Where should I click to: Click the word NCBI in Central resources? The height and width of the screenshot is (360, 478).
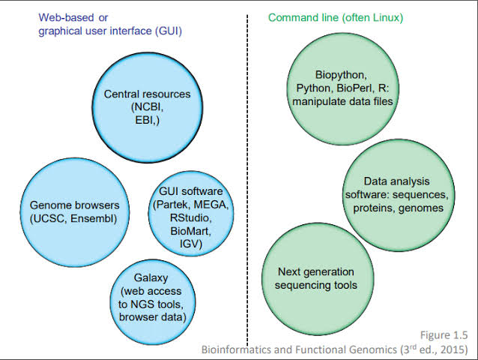(x=148, y=107)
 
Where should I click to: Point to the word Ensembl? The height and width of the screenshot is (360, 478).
(x=93, y=219)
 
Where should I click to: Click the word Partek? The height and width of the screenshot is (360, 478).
(x=173, y=205)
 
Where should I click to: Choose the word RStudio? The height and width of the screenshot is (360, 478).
(x=190, y=217)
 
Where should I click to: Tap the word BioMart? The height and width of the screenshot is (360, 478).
(x=190, y=231)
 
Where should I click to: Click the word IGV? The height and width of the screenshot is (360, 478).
(x=189, y=244)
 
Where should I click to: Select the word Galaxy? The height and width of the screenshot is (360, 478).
(x=151, y=278)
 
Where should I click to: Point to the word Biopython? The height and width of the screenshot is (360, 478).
(x=341, y=75)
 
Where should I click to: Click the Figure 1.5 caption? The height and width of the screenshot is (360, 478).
(x=444, y=335)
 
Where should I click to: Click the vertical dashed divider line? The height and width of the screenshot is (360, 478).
(x=247, y=180)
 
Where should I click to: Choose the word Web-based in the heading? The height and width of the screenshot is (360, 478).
(x=66, y=18)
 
